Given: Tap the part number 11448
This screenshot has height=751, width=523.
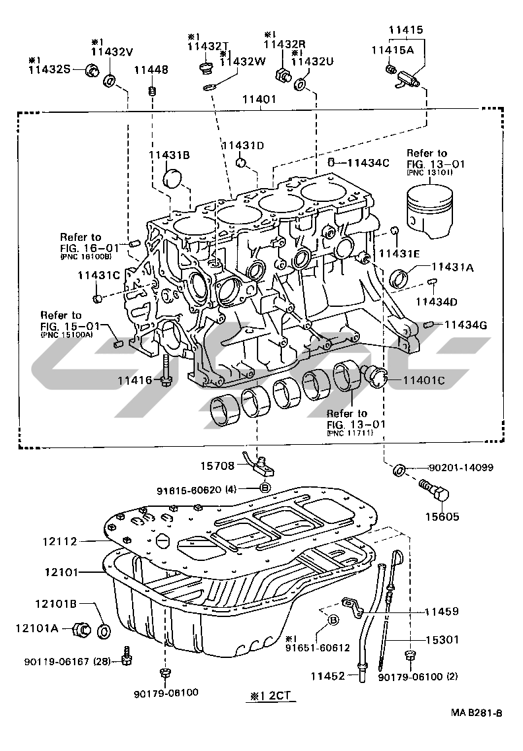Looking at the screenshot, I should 151,69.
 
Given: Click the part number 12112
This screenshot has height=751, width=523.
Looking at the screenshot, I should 61,541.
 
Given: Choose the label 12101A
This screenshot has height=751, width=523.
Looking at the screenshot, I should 37,628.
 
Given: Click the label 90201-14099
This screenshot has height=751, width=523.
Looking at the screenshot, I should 461,468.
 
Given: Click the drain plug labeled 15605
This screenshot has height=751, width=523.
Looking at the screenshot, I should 435,492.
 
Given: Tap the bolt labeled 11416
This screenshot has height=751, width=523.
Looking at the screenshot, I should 164,374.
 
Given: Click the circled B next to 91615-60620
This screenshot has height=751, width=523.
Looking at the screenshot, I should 263,488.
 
